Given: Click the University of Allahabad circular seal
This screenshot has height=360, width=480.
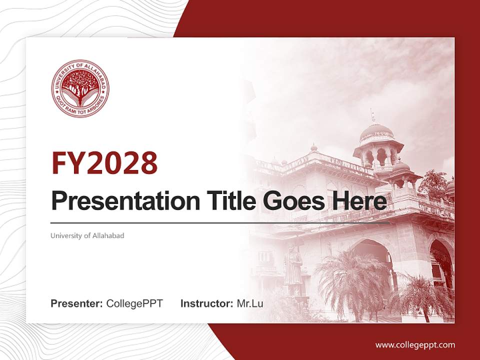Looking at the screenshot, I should pos(80,88).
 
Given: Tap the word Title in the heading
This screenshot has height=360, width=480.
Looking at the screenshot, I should pos(222,201).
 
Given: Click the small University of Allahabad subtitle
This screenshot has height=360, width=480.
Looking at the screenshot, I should pos(87,235).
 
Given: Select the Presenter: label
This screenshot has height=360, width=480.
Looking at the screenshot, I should pos(77,303).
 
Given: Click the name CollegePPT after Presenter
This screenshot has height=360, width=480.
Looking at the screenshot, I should pos(134,303).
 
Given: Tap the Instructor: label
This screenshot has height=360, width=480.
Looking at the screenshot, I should pos(206,303).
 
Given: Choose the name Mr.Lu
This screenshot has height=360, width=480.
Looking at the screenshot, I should pos(250,303).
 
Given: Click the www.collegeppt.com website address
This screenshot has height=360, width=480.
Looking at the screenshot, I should pos(415,344).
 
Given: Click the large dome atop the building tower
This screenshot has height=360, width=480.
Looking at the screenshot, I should pos(376,132).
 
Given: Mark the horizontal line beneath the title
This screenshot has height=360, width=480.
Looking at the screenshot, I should pos(220,222).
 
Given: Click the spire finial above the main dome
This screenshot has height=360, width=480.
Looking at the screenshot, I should pos(372,116).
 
